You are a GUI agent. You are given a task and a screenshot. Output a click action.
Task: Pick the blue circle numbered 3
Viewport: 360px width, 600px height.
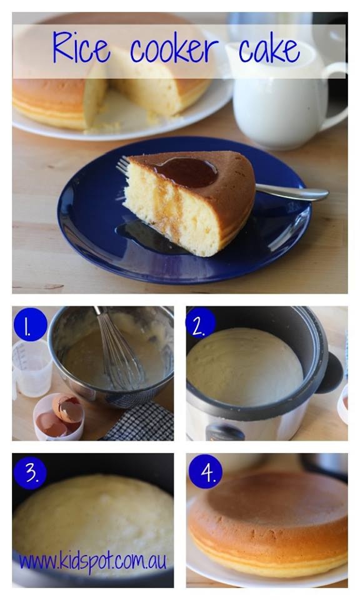pyautogui.click(x=29, y=473)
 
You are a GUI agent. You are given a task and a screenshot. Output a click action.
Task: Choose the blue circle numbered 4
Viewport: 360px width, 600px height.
pyautogui.click(x=205, y=472)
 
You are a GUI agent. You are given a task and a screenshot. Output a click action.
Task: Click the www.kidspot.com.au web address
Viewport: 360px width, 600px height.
pyautogui.click(x=92, y=561)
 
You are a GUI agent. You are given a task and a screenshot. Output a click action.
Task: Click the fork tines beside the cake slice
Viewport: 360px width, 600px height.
pyautogui.click(x=123, y=166)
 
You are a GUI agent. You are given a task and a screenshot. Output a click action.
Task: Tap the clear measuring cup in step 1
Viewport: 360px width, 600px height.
pyautogui.click(x=31, y=369)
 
